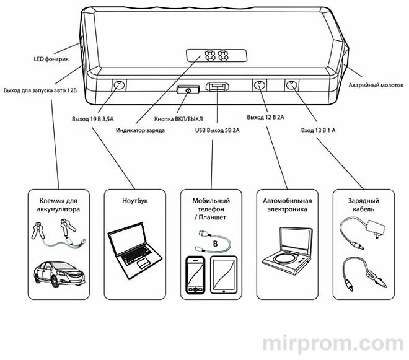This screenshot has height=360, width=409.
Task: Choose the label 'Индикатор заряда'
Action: pos(140,130)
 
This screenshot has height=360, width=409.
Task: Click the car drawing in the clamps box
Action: pos(58,273)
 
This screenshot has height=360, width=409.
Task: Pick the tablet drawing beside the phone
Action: pos(224,274)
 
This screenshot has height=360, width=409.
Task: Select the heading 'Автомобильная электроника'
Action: pos(287,206)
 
